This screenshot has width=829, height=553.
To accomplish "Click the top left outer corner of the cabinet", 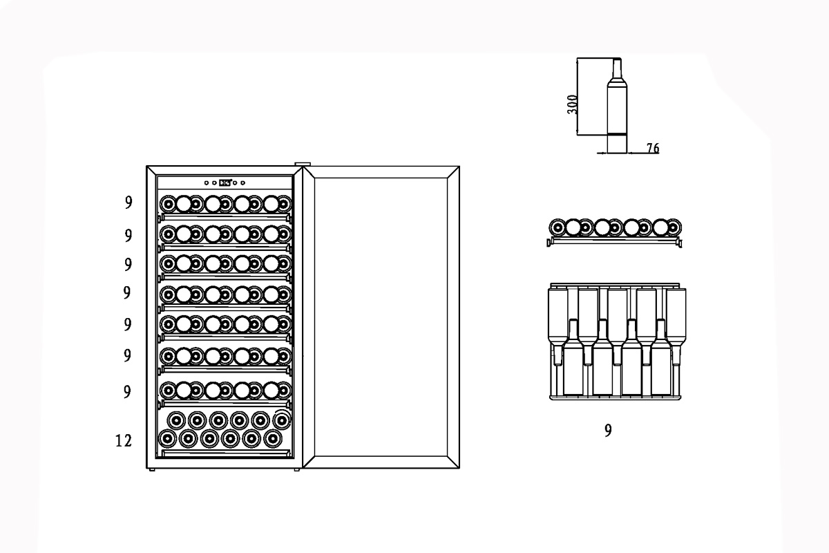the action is [x=146, y=167].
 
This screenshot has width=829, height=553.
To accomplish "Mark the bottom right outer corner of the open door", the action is [x=459, y=468].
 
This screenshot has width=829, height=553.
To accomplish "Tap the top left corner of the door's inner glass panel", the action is [x=314, y=178].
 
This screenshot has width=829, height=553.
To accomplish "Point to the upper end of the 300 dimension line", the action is [x=577, y=58].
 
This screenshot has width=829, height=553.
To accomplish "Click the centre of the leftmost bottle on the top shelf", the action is [x=168, y=204].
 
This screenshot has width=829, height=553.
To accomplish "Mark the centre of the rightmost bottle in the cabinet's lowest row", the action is [x=273, y=439].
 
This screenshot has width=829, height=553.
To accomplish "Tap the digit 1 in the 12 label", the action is [x=119, y=441].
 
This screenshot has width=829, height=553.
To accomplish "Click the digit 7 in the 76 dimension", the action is [x=650, y=149].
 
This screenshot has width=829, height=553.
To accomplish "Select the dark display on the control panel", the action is [x=225, y=182].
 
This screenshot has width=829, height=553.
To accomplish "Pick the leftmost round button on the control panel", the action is [x=207, y=182].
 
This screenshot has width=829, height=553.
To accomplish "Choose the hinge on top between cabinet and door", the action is [x=303, y=164].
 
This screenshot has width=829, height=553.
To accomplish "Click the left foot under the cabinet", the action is [x=151, y=469].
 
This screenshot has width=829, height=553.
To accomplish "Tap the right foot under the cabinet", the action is [x=297, y=469].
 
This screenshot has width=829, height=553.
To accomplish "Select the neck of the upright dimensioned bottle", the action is [x=616, y=68].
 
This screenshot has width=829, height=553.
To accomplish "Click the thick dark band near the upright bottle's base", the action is [x=617, y=133].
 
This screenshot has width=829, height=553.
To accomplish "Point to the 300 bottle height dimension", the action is [x=572, y=104].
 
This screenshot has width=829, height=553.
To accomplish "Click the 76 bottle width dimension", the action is [x=653, y=149].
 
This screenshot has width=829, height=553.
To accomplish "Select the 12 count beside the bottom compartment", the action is [x=124, y=441].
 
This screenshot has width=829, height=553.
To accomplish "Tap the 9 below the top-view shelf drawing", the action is [x=608, y=431].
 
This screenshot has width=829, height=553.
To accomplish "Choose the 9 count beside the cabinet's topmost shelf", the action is [x=128, y=203].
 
